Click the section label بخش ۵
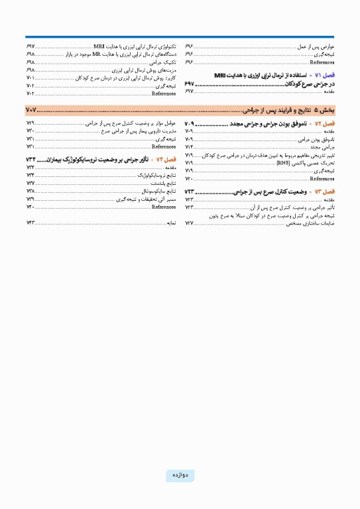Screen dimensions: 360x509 tap(326, 109)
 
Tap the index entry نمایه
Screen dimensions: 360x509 tap(170, 223)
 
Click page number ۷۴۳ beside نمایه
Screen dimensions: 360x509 tap(30, 223)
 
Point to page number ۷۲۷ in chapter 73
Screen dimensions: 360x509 tap(189, 223)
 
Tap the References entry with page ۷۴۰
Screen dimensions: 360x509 tap(163, 207)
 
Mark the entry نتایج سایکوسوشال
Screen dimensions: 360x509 tap(159, 191)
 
